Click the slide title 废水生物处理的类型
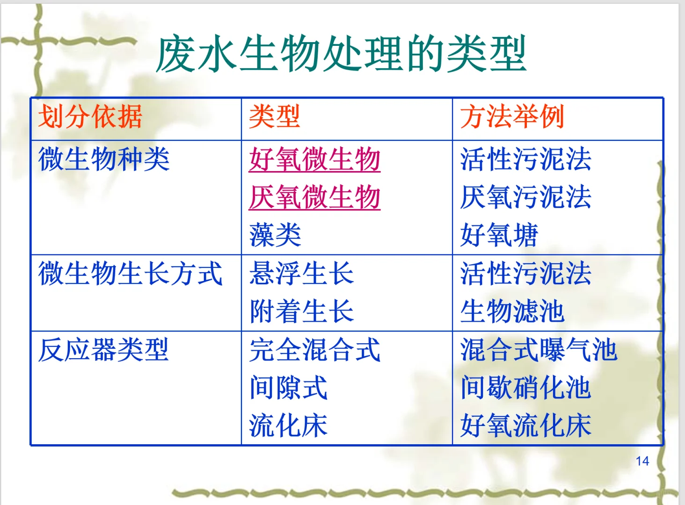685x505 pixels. pyautogui.click(x=341, y=55)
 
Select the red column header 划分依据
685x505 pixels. pyautogui.click(x=90, y=117)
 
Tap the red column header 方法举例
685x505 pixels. pyautogui.click(x=512, y=117)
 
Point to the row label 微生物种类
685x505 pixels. pyautogui.click(x=103, y=159)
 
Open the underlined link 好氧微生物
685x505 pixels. pyautogui.click(x=314, y=159)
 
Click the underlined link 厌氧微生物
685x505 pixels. pyautogui.click(x=314, y=197)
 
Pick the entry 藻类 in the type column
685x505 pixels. pyautogui.click(x=275, y=235)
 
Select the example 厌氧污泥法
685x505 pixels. pyautogui.click(x=525, y=197)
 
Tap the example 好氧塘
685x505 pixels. pyautogui.click(x=499, y=235)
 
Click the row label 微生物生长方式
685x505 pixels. pyautogui.click(x=130, y=274)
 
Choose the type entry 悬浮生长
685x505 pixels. pyautogui.click(x=301, y=274)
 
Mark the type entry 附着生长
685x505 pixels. pyautogui.click(x=301, y=311)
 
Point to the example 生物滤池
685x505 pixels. pyautogui.click(x=512, y=311)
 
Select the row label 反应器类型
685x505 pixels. pyautogui.click(x=103, y=350)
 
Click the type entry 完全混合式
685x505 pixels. pyautogui.click(x=314, y=350)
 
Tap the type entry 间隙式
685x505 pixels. pyautogui.click(x=288, y=388)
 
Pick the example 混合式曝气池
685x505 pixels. pyautogui.click(x=539, y=350)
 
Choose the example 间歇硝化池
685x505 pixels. pyautogui.click(x=525, y=388)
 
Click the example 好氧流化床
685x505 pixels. pyautogui.click(x=525, y=426)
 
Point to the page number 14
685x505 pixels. pyautogui.click(x=642, y=461)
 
